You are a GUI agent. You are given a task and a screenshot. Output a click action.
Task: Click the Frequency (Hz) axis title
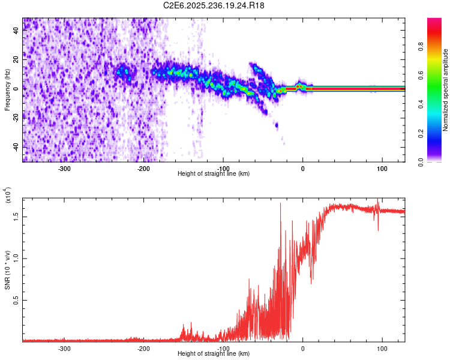[7, 89]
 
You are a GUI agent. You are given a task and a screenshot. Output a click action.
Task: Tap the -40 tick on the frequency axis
[16, 147]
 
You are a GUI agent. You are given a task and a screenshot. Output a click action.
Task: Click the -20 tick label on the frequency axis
[16, 118]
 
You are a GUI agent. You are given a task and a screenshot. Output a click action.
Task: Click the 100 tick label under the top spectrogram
[382, 169]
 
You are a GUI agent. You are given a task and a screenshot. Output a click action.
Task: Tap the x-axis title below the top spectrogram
[214, 174]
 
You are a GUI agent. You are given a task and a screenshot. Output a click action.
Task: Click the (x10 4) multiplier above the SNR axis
[8, 195]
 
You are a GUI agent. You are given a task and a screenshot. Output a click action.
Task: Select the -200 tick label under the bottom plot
[143, 349]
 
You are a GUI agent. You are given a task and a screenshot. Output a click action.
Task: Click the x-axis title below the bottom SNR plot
[214, 354]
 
